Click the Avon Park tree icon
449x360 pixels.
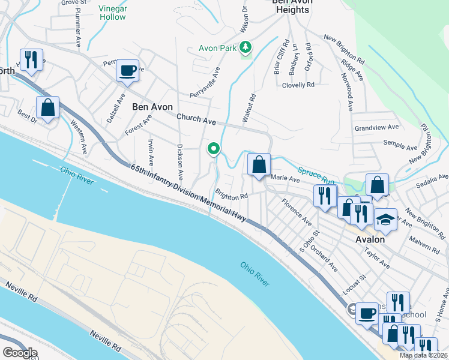tap(245, 47)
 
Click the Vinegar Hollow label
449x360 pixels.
tap(112, 13)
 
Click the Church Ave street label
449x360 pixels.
tap(196, 121)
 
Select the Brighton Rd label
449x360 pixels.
tap(232, 196)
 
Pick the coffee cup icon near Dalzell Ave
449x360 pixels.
tap(127, 70)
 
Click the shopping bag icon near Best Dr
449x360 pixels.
tap(47, 107)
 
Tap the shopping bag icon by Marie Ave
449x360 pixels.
tap(259, 164)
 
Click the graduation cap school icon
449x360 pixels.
tap(385, 219)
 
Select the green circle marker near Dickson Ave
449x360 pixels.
tap(213, 148)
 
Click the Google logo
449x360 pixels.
tap(19, 353)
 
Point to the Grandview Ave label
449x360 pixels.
tap(376, 127)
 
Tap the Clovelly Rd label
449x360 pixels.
tap(298, 85)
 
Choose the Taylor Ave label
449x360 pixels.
tap(377, 256)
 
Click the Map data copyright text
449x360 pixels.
tap(423, 355)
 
